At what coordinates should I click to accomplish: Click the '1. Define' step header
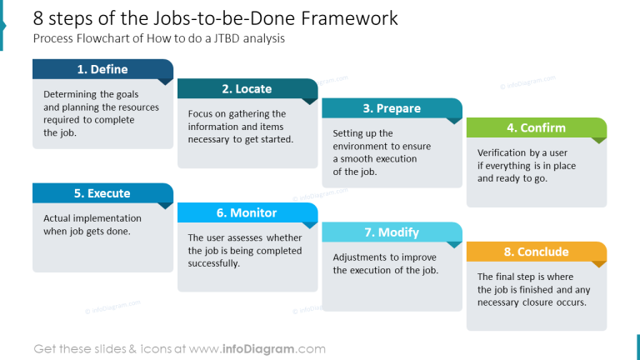click(102, 69)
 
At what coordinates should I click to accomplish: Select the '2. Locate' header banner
click(247, 89)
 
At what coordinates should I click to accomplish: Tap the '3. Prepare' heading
click(392, 108)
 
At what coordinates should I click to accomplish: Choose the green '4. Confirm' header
click(536, 127)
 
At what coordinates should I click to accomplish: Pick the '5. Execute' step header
click(102, 193)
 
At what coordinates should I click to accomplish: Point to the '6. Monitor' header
click(247, 212)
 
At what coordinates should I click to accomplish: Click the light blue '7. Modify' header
click(392, 232)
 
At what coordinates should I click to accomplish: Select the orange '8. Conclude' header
click(536, 252)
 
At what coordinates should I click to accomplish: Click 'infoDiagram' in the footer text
click(259, 349)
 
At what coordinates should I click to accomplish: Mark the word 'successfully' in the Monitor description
click(214, 263)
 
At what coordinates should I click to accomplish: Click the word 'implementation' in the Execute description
click(92, 218)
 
